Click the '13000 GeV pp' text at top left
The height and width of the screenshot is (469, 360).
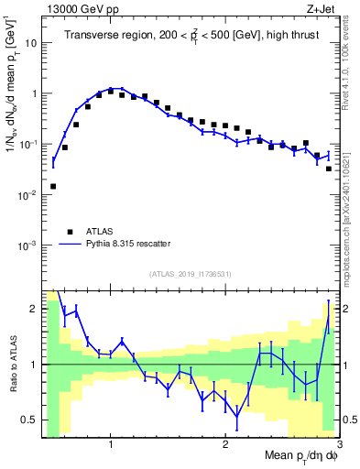pyautogui.click(x=81, y=9)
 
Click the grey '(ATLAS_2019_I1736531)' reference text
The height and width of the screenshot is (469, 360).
pyautogui.click(x=190, y=274)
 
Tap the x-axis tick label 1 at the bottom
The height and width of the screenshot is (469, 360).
pyautogui.click(x=111, y=444)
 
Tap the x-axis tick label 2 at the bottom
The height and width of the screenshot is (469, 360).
pyautogui.click(x=225, y=444)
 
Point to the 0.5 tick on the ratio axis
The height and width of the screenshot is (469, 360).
pyautogui.click(x=30, y=420)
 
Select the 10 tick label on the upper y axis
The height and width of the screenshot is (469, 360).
pyautogui.click(x=32, y=43)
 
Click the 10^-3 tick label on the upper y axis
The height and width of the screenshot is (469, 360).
pyautogui.click(x=28, y=245)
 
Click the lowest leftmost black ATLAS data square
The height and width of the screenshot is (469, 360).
pyautogui.click(x=53, y=186)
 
